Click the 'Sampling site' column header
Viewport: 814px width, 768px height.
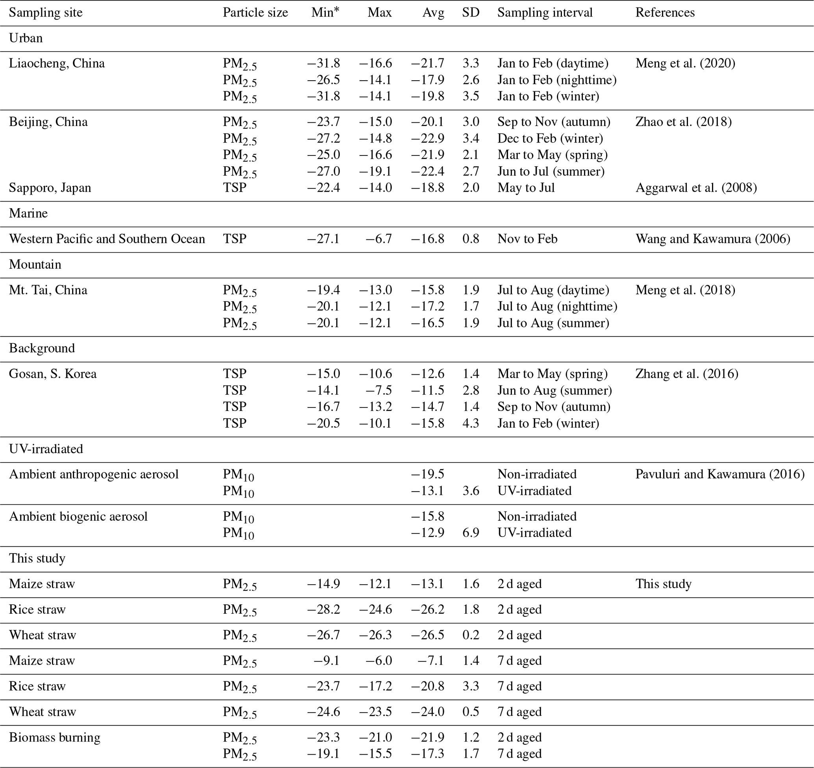(45, 13)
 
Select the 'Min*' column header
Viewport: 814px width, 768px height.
(325, 13)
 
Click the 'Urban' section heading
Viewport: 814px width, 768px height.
(26, 38)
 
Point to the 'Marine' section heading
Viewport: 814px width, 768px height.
(28, 213)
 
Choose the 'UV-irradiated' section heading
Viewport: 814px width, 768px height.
(46, 449)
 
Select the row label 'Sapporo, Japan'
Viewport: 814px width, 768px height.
(50, 188)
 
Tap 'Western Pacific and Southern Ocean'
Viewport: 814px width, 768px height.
(107, 239)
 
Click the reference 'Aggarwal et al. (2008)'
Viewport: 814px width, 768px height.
(696, 188)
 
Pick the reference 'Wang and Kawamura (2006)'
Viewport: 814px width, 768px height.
(712, 239)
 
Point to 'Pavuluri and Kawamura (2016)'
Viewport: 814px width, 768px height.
(719, 474)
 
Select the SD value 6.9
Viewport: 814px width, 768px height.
(471, 533)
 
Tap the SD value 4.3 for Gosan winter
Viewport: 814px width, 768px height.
(471, 423)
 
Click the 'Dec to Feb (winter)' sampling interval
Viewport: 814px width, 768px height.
(550, 139)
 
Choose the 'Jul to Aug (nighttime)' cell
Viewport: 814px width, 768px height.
(557, 307)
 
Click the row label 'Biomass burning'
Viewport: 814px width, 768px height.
(54, 737)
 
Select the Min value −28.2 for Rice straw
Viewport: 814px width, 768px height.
(323, 610)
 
